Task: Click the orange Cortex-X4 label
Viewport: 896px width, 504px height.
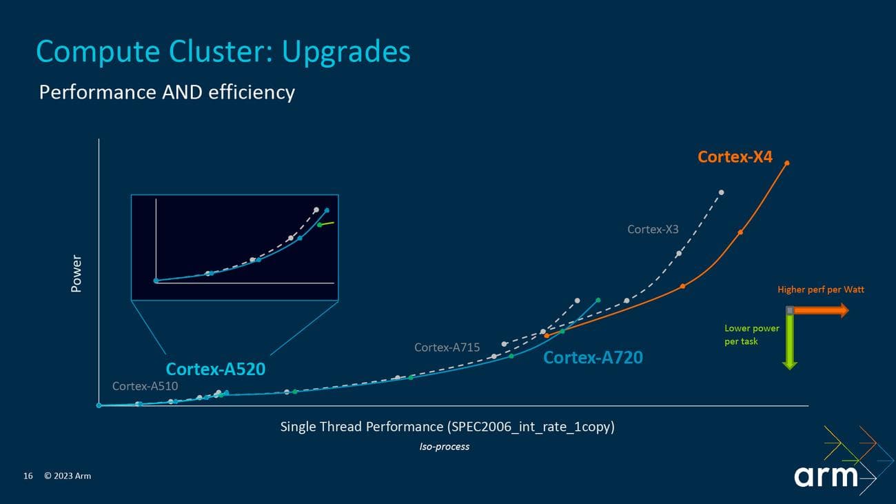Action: (x=735, y=157)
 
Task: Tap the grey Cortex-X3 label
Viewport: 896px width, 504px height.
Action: (x=653, y=229)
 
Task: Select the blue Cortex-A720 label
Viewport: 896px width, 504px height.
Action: (x=593, y=357)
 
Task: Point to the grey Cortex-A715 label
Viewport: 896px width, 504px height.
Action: (x=447, y=347)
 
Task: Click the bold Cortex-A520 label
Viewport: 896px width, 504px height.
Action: (x=215, y=369)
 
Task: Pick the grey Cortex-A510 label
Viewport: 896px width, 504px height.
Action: (x=145, y=386)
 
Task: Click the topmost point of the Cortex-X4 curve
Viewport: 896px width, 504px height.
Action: (x=787, y=163)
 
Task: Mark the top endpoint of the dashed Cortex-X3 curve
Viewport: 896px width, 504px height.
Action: (x=722, y=192)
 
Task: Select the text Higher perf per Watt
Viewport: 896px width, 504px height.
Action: (x=820, y=290)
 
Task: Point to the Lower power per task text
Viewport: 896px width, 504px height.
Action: (x=751, y=335)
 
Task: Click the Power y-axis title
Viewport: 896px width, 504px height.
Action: (x=77, y=273)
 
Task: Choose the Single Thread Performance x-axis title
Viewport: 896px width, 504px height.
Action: (x=447, y=427)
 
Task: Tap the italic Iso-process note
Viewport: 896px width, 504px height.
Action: (x=444, y=447)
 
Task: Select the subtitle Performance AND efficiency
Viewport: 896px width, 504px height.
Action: (x=167, y=92)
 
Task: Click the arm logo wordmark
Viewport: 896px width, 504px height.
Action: (x=826, y=476)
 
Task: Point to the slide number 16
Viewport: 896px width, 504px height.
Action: (x=28, y=476)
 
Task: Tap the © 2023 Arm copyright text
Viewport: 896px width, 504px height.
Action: (x=68, y=476)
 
